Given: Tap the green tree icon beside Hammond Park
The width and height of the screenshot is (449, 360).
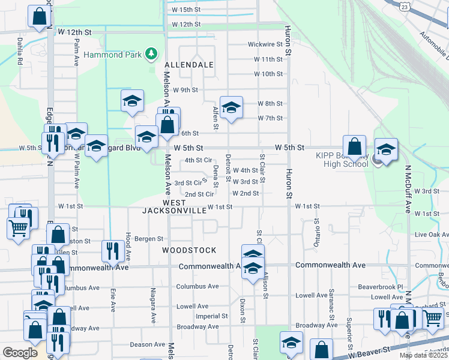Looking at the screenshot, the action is (x=151, y=55).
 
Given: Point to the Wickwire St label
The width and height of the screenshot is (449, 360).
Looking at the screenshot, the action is (x=265, y=44).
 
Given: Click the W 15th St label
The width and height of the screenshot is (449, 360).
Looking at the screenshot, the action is (x=185, y=10).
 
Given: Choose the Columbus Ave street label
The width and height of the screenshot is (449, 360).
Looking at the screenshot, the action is (x=197, y=287).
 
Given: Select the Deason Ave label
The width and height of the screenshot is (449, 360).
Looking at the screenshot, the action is (x=147, y=344).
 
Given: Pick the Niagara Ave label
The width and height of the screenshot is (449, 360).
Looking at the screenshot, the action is (x=153, y=309).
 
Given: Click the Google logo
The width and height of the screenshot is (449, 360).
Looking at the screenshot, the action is (x=20, y=353).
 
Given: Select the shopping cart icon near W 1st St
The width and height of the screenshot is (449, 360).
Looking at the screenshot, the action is (x=19, y=228).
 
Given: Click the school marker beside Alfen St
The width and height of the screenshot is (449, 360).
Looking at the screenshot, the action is (x=231, y=108).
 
